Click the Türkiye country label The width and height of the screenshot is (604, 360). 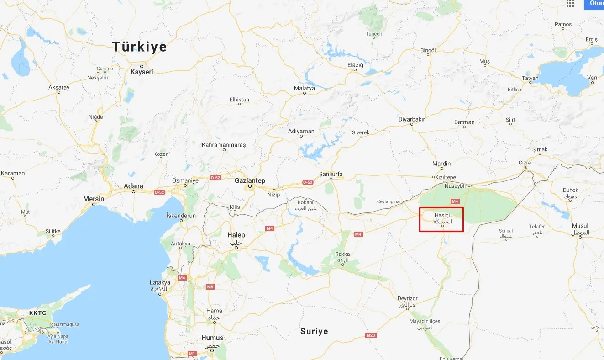140,47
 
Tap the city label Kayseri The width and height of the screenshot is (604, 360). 142,72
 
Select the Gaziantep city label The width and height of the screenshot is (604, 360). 250,180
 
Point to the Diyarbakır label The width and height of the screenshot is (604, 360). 412,119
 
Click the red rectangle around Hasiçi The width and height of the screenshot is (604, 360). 441,219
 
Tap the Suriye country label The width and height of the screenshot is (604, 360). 314,331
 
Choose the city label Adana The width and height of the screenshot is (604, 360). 134,186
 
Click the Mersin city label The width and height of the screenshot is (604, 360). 94,199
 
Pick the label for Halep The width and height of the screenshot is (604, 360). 236,235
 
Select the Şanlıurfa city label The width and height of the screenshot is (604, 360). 331,174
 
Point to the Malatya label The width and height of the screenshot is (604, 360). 305,88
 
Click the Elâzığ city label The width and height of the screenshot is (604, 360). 355,65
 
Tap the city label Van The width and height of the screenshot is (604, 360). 593,78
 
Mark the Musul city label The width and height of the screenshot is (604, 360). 580,226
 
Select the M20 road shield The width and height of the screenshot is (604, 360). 371,335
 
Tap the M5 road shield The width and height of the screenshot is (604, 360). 210,287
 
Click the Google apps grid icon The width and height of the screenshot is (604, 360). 570,4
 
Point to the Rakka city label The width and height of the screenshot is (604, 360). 342,254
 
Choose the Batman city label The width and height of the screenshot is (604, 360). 464,122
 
